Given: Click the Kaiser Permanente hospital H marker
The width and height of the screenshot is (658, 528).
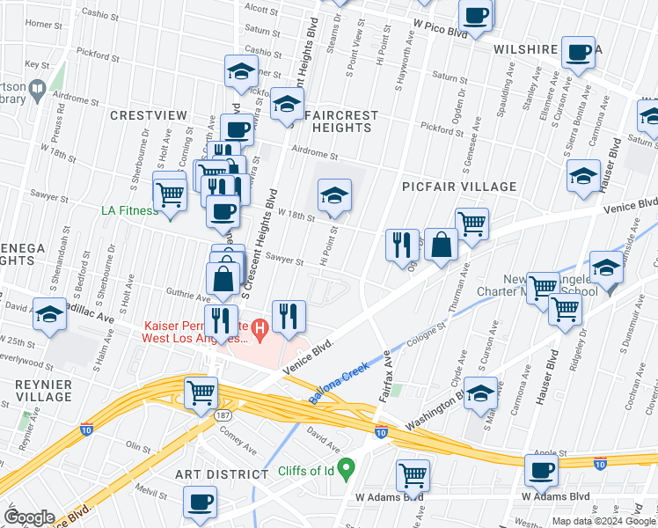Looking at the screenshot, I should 260,331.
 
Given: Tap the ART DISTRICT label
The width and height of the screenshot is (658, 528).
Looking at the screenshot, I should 222,474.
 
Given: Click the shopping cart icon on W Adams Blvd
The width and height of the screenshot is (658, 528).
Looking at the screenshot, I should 413,476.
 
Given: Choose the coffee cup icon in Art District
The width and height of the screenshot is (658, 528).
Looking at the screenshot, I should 201,502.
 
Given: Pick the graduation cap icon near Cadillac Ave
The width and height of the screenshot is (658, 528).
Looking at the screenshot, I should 50,313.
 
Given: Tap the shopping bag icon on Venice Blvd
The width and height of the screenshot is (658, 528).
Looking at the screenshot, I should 442,244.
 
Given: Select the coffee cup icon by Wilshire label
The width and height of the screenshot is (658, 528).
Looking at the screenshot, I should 580,52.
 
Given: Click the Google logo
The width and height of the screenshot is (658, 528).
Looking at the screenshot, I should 30,517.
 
